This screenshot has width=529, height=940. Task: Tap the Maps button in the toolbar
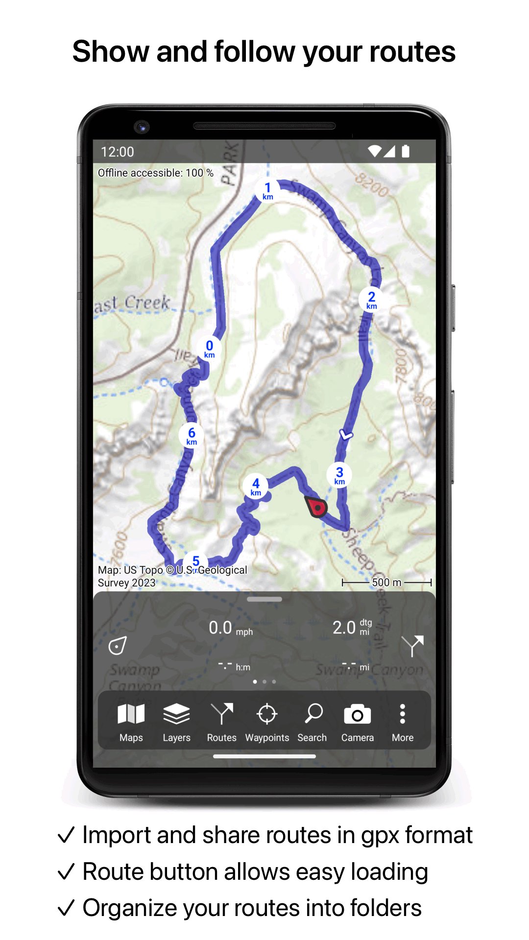coord(131,722)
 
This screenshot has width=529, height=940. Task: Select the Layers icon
coord(176,722)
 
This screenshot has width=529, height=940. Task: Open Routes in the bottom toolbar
coord(221,722)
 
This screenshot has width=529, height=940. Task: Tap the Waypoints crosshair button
coord(267,722)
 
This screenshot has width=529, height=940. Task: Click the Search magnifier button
coord(313,722)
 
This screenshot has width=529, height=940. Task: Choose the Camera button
coord(357,722)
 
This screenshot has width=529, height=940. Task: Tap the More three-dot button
coord(402,722)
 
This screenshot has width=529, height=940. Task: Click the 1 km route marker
coord(267,190)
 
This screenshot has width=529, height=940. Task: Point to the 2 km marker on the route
coord(372,300)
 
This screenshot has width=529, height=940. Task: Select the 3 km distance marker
coord(339,475)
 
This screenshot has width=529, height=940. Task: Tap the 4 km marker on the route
coord(256,486)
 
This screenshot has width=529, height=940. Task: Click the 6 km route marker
coord(192,435)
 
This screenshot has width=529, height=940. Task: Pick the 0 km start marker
coord(209,349)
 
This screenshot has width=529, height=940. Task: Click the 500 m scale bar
coord(386,582)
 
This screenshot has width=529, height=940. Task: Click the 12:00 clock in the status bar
coord(118,152)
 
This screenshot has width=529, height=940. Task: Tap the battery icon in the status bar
coord(406,151)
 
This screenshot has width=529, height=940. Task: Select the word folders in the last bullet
coord(385,908)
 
